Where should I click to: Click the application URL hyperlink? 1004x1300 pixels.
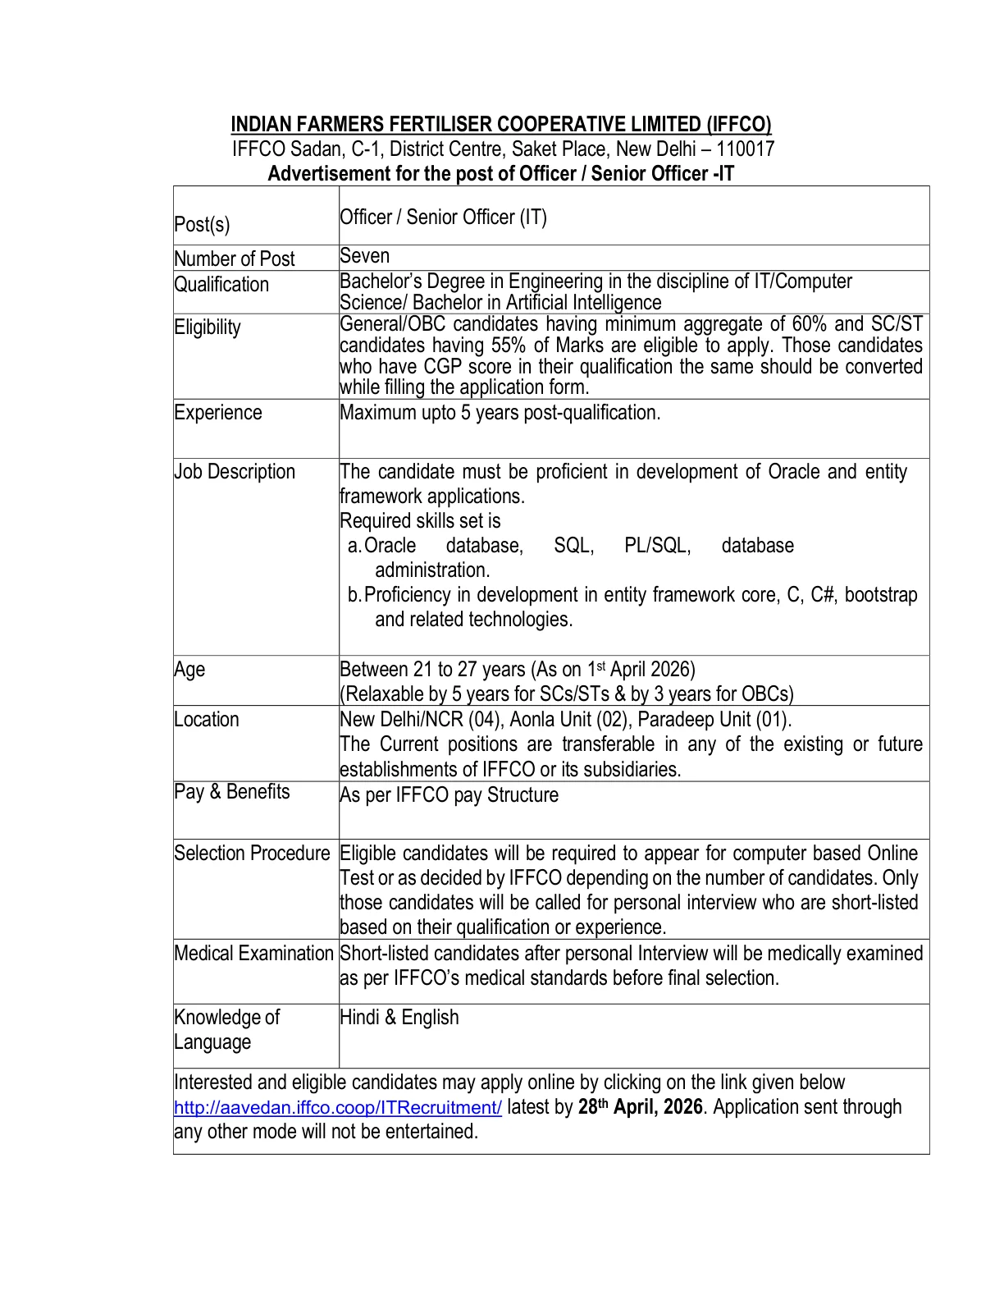coord(337,1108)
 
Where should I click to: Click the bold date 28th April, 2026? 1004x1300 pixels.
coord(640,1107)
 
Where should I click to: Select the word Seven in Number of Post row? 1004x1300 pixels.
coord(364,256)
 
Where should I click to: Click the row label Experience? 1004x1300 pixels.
coord(217,413)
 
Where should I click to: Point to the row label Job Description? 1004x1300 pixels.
coord(235,472)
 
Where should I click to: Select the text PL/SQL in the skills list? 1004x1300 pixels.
coord(657,546)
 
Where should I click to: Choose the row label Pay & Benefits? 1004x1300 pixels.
coord(232,792)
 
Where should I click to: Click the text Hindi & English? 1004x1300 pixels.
coord(399,1018)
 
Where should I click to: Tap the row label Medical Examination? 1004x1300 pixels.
coord(253,954)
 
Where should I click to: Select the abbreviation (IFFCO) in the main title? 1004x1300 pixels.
coord(738,125)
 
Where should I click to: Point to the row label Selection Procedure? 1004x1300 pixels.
coord(252,854)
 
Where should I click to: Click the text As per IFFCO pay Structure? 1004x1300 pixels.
coord(449,795)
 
